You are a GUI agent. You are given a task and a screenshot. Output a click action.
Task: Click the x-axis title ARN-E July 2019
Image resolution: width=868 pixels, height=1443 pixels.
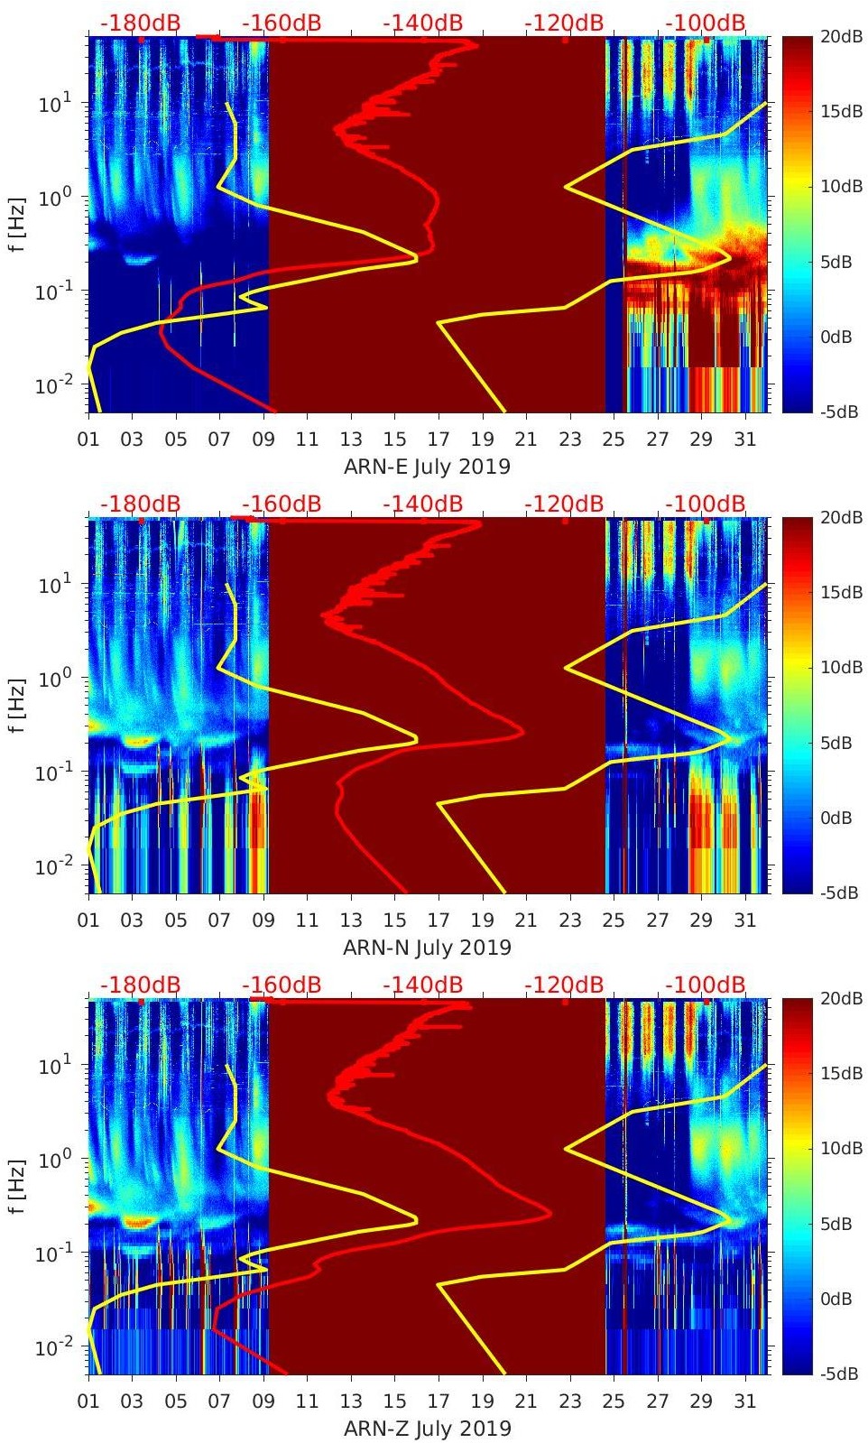(x=427, y=467)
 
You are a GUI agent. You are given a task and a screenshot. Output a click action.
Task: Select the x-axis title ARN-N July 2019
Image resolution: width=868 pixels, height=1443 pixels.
(x=427, y=948)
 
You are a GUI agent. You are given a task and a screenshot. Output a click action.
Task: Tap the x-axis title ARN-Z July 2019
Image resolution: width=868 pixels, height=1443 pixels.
(x=427, y=1429)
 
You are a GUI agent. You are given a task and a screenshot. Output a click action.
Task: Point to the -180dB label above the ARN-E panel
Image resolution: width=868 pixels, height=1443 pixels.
(x=140, y=23)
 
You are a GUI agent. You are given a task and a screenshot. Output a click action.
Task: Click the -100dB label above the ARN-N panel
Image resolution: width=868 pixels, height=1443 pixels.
(x=706, y=504)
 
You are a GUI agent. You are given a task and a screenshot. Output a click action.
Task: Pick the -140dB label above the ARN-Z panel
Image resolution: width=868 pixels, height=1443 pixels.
(x=422, y=985)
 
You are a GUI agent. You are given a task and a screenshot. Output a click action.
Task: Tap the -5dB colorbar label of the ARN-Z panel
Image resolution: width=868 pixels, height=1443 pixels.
(x=840, y=1374)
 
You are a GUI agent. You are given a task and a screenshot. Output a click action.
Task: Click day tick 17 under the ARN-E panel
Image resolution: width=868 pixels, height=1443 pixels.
(x=439, y=439)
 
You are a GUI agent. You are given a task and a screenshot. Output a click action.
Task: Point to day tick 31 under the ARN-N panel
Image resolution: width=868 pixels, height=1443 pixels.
(x=744, y=920)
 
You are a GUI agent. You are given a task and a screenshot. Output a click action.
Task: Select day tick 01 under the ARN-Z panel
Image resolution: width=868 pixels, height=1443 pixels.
(x=88, y=1401)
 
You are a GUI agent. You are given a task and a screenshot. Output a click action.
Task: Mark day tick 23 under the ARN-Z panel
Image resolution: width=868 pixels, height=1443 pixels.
(x=569, y=1401)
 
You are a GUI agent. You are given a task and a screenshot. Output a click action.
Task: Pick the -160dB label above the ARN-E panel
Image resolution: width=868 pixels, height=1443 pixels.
(x=282, y=23)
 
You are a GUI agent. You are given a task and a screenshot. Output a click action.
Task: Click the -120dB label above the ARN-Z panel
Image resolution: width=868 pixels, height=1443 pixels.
(x=564, y=985)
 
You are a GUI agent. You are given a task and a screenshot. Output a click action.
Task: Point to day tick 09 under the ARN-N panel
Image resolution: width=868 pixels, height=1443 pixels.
(x=263, y=920)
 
